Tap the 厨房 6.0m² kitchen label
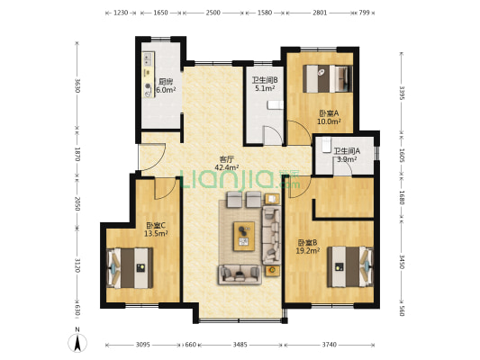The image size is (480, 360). tap(166, 85)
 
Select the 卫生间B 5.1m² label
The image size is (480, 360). tap(265, 84)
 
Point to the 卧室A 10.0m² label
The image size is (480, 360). tap(329, 117)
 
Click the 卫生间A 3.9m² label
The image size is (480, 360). tap(347, 155)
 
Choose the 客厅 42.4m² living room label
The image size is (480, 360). tap(227, 163)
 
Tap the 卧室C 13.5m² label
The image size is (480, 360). tap(156, 229)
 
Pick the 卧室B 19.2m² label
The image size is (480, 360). tap(308, 247)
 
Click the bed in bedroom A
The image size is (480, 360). tap(328, 78)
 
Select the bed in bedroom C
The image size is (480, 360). tap(130, 268)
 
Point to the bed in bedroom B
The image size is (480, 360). tap(350, 266)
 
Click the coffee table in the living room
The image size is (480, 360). tap(244, 236)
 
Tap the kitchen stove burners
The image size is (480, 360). tap(149, 59)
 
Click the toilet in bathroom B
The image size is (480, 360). tap(276, 105)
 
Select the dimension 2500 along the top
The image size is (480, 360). tap(213, 13)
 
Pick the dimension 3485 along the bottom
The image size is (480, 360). tap(240, 345)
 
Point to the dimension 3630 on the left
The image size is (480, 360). tap(77, 85)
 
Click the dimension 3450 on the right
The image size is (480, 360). tap(402, 262)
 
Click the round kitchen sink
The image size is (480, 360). tap(149, 86)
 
